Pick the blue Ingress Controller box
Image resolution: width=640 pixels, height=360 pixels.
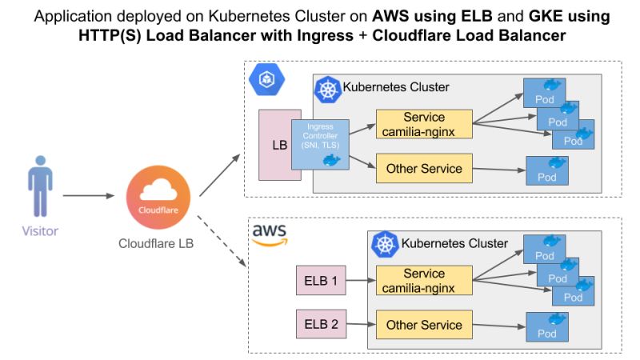point(320,143)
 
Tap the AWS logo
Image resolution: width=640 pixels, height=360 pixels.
point(270,232)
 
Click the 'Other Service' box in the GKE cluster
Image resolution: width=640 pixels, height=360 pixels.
point(423,169)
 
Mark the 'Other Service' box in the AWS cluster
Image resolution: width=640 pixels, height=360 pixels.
point(423,325)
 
